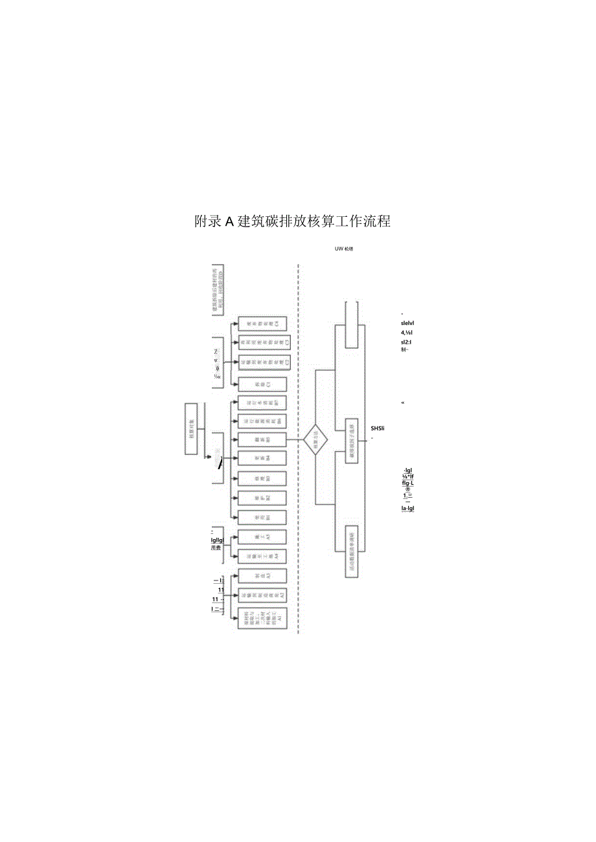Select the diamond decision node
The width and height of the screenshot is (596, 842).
point(315,440)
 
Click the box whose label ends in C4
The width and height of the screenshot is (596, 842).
point(262,323)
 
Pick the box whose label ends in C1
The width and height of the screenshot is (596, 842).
point(262,384)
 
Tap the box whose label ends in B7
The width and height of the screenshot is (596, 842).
point(262,403)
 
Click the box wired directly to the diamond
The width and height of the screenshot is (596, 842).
point(262,440)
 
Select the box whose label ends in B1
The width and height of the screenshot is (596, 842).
point(262,518)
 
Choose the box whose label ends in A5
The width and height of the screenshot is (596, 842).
point(262,537)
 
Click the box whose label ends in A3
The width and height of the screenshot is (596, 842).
point(262,576)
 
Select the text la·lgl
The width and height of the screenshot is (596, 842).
point(407,508)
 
